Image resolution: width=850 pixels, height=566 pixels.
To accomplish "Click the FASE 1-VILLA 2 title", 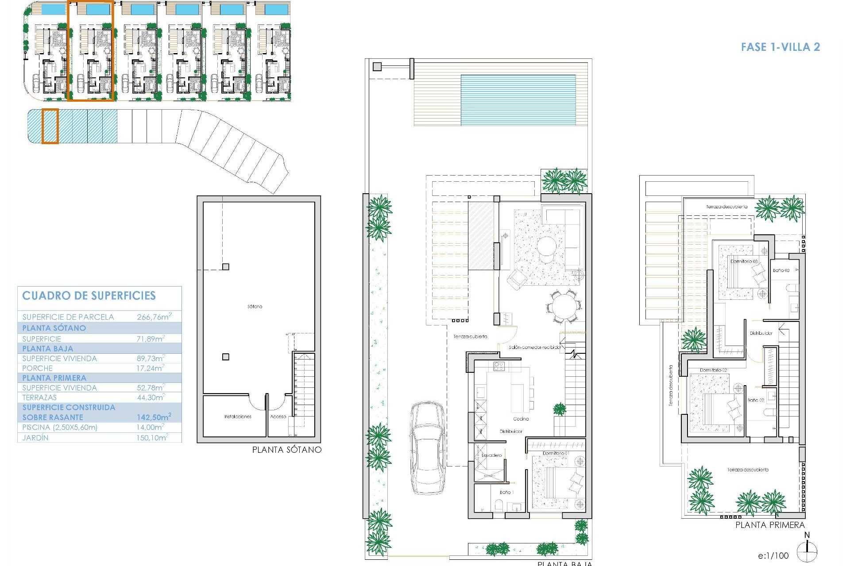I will [780, 47].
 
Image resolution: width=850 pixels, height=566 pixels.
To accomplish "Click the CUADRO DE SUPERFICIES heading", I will [89, 296].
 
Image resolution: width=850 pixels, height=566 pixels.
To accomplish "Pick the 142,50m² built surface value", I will [154, 417].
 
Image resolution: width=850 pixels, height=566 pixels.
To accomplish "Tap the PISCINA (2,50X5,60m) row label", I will [60, 427].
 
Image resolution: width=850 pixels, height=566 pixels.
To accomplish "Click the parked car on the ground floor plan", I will [428, 447].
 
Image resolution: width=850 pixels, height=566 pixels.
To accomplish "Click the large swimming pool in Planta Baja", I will [518, 100].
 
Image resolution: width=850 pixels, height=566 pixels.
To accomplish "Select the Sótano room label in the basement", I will [255, 306].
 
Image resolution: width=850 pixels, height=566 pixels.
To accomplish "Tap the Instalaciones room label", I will [238, 417].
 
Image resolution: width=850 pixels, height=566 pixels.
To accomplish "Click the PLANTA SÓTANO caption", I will [287, 450].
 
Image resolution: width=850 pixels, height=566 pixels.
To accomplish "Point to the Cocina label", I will [521, 419].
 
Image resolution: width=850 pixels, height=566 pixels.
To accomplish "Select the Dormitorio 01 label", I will [556, 453].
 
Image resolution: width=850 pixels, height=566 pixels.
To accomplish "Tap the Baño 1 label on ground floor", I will [506, 492].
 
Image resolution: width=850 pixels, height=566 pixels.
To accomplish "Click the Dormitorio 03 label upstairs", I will [744, 261].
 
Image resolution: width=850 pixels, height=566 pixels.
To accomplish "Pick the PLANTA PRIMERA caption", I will [770, 525].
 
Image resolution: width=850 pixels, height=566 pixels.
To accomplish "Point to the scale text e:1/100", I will [773, 556].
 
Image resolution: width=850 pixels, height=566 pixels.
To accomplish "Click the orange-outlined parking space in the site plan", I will [50, 126].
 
